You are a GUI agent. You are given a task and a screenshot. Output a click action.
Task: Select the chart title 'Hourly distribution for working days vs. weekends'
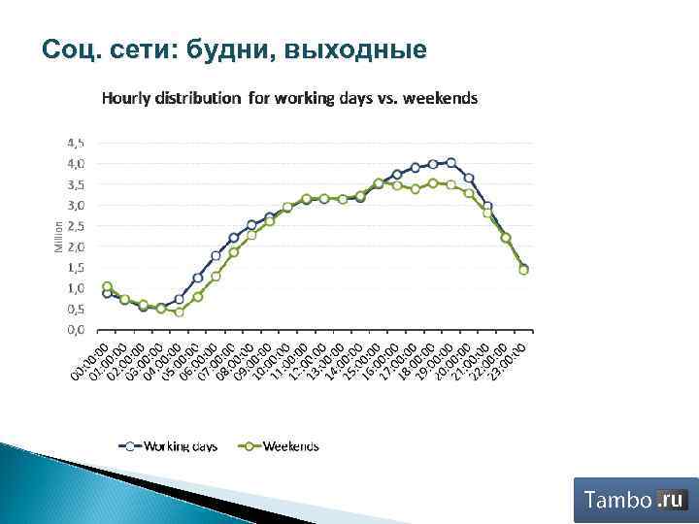[289, 99]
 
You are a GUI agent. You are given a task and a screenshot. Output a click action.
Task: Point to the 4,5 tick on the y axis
[75, 142]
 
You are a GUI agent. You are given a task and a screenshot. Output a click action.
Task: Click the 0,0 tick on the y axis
[75, 329]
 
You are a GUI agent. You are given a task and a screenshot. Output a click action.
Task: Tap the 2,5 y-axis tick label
[75, 225]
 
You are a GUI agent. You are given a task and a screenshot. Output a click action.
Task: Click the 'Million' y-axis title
[57, 236]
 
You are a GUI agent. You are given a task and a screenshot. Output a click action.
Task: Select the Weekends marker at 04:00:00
[180, 311]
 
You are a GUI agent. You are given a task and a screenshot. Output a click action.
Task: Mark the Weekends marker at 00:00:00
[107, 286]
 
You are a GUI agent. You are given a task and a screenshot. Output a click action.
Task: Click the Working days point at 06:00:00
[216, 256]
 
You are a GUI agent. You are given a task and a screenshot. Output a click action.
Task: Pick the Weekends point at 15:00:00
[379, 182]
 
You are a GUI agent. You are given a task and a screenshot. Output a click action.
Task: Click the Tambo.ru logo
[636, 500]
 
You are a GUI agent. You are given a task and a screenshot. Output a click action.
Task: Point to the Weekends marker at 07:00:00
[234, 252]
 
